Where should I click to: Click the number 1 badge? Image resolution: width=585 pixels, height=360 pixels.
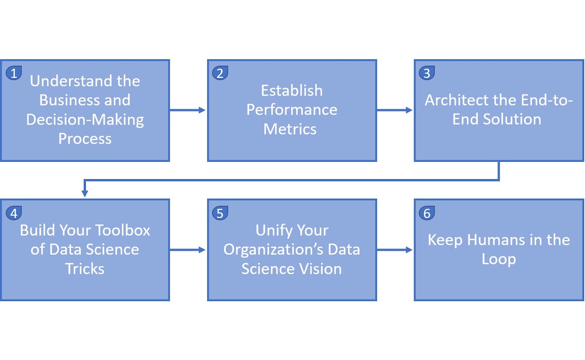[x=14, y=73]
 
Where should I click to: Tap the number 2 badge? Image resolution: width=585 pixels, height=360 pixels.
[x=220, y=73]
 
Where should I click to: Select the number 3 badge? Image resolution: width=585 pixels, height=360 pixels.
[x=427, y=73]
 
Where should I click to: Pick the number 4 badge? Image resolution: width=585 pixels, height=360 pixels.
[x=14, y=213]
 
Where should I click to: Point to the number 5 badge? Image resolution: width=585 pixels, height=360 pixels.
[x=220, y=213]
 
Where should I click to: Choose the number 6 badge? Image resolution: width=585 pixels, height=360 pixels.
[x=427, y=213]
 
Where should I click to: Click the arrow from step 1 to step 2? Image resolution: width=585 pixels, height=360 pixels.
[x=188, y=110]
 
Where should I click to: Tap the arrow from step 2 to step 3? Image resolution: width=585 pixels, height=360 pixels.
[x=394, y=110]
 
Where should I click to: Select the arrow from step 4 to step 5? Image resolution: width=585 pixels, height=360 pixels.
[x=188, y=250]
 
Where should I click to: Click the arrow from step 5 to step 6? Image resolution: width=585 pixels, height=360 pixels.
[x=394, y=250]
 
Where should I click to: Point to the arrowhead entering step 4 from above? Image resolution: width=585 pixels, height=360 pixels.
[x=85, y=193]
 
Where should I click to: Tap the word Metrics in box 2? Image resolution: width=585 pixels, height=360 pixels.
[x=290, y=129]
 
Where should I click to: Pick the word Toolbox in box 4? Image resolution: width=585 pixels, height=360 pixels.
[x=122, y=230]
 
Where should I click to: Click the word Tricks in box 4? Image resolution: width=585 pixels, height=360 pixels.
[x=85, y=268]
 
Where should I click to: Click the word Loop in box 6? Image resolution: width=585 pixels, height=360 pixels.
[x=499, y=260]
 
